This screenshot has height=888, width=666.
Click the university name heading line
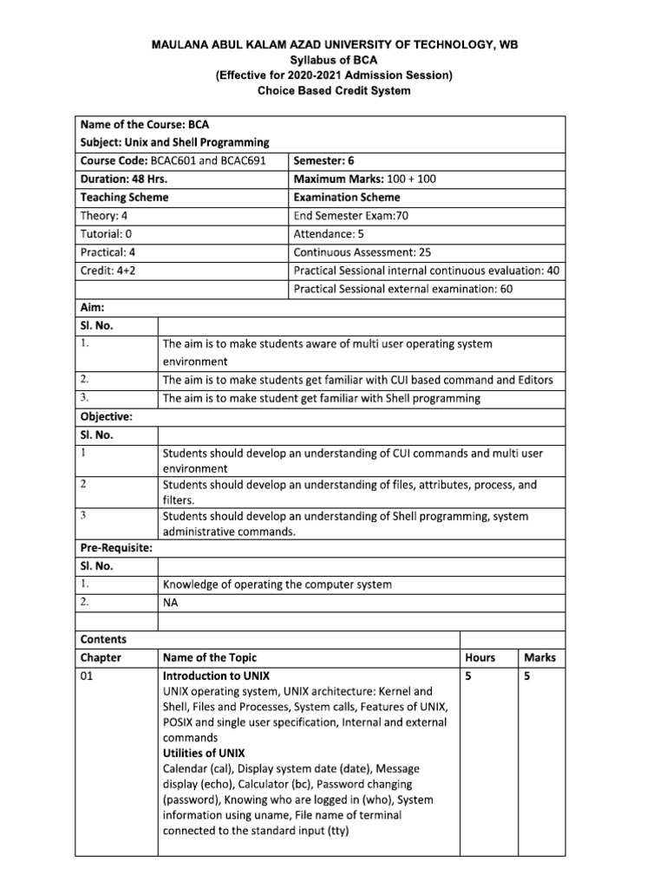point(334,44)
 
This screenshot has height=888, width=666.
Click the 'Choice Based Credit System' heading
point(334,91)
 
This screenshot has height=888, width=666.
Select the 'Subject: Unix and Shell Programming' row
point(174,142)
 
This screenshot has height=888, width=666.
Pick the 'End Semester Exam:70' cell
point(351,216)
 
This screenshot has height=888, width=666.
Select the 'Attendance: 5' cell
point(335,234)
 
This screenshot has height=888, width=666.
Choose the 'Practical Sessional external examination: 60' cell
point(403,289)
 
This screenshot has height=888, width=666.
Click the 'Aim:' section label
point(92,308)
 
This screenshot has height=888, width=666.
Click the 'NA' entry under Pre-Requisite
point(171,602)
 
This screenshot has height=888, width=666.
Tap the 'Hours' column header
point(480,657)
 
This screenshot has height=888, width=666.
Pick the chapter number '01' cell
point(87,676)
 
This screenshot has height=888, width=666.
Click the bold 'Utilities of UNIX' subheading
point(204,753)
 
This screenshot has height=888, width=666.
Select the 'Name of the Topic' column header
point(210,657)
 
